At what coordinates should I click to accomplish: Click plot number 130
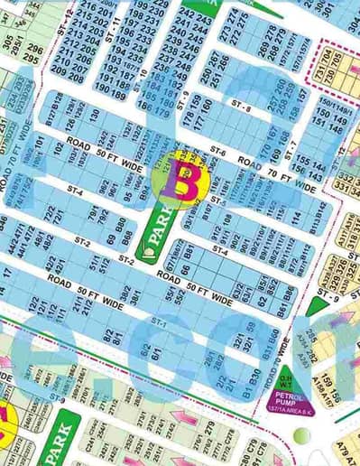95,116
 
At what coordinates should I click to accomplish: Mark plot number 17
7,272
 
